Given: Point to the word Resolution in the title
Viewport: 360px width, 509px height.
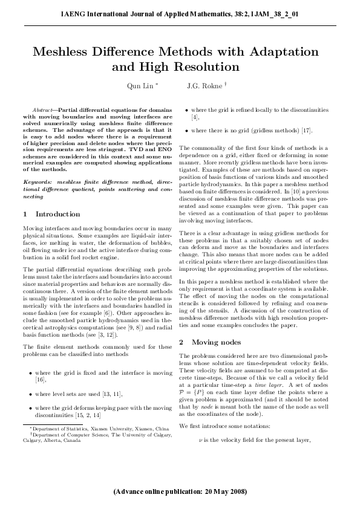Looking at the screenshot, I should click(x=209, y=66).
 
